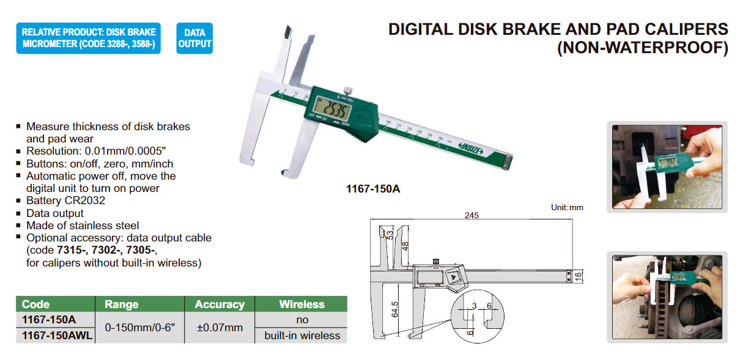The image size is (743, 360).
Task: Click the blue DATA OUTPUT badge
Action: pos(194,38)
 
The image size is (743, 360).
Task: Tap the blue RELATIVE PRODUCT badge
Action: pos(89,38)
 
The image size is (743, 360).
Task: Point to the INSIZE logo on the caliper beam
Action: pos(471,149)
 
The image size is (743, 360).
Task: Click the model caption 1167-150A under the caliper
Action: pos(373,189)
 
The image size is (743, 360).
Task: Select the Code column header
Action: pos(36,304)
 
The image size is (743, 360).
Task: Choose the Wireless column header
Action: pos(302,304)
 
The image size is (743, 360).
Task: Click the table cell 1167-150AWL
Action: pos(57,336)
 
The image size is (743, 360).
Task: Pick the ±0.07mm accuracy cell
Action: pos(220,328)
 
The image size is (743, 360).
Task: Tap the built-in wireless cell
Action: pos(302,336)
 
